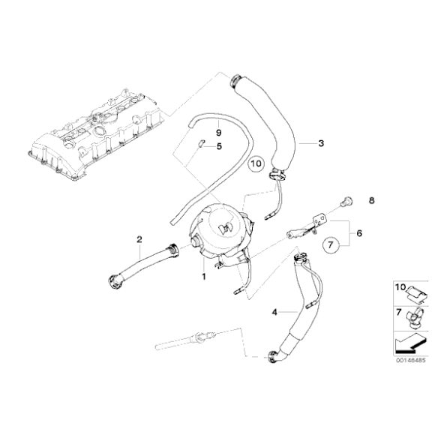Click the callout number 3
[x=321, y=143]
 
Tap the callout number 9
[x=218, y=133]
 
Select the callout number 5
[x=219, y=146]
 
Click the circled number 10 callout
[x=256, y=163]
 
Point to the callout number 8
[x=371, y=200]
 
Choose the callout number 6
[x=359, y=233]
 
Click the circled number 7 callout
[x=330, y=245]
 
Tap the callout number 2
[x=139, y=239]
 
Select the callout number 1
[x=204, y=276]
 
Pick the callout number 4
[x=274, y=313]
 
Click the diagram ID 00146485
[x=410, y=361]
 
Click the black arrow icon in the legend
[x=410, y=343]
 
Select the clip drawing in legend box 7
[x=414, y=318]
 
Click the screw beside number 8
[x=346, y=201]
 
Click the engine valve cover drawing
[x=94, y=133]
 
